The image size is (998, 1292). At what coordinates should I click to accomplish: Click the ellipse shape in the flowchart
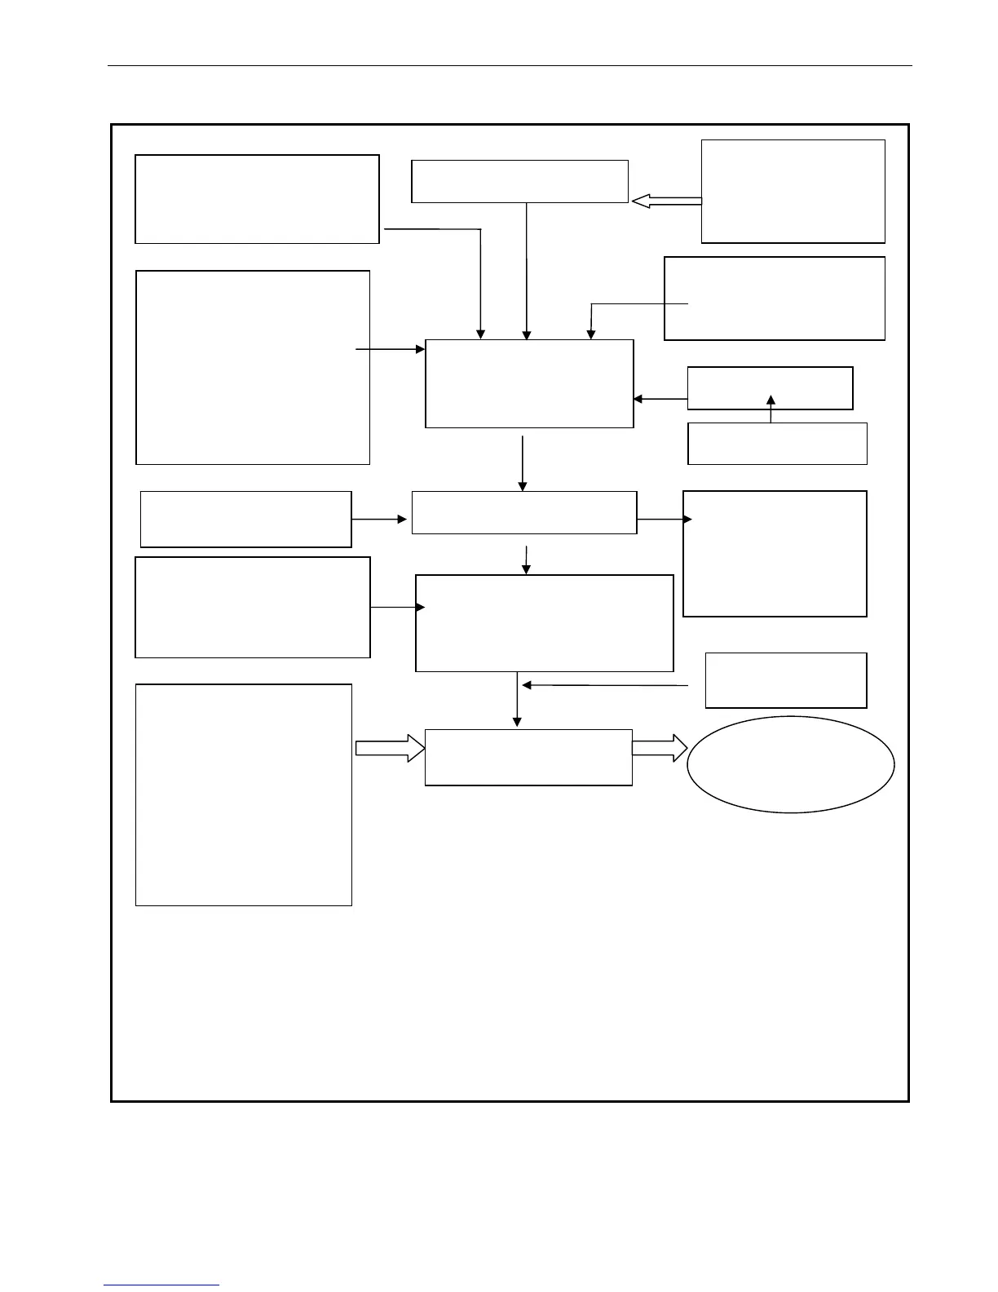tap(790, 764)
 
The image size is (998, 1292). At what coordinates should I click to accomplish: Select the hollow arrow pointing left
tap(666, 201)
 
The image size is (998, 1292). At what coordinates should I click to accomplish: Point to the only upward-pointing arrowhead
tap(771, 400)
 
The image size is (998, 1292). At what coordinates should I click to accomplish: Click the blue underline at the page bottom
tap(161, 1285)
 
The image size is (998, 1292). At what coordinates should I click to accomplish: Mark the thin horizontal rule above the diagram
tap(510, 65)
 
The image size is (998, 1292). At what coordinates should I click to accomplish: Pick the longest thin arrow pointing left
tap(604, 685)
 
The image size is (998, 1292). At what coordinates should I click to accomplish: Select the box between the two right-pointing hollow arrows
tap(528, 757)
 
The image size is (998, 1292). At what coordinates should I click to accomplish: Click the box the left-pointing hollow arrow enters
tap(519, 181)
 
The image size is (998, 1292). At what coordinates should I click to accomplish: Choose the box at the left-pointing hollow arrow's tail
tap(793, 191)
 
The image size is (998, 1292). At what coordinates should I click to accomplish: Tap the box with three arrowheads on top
tap(529, 383)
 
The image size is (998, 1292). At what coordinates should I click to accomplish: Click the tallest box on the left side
tap(243, 794)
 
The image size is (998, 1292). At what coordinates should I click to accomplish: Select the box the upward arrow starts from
tap(777, 444)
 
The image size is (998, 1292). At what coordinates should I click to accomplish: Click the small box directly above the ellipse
tap(785, 679)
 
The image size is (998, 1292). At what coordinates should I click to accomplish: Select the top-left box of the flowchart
tap(257, 199)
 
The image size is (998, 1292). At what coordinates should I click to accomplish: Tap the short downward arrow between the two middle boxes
tap(527, 559)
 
